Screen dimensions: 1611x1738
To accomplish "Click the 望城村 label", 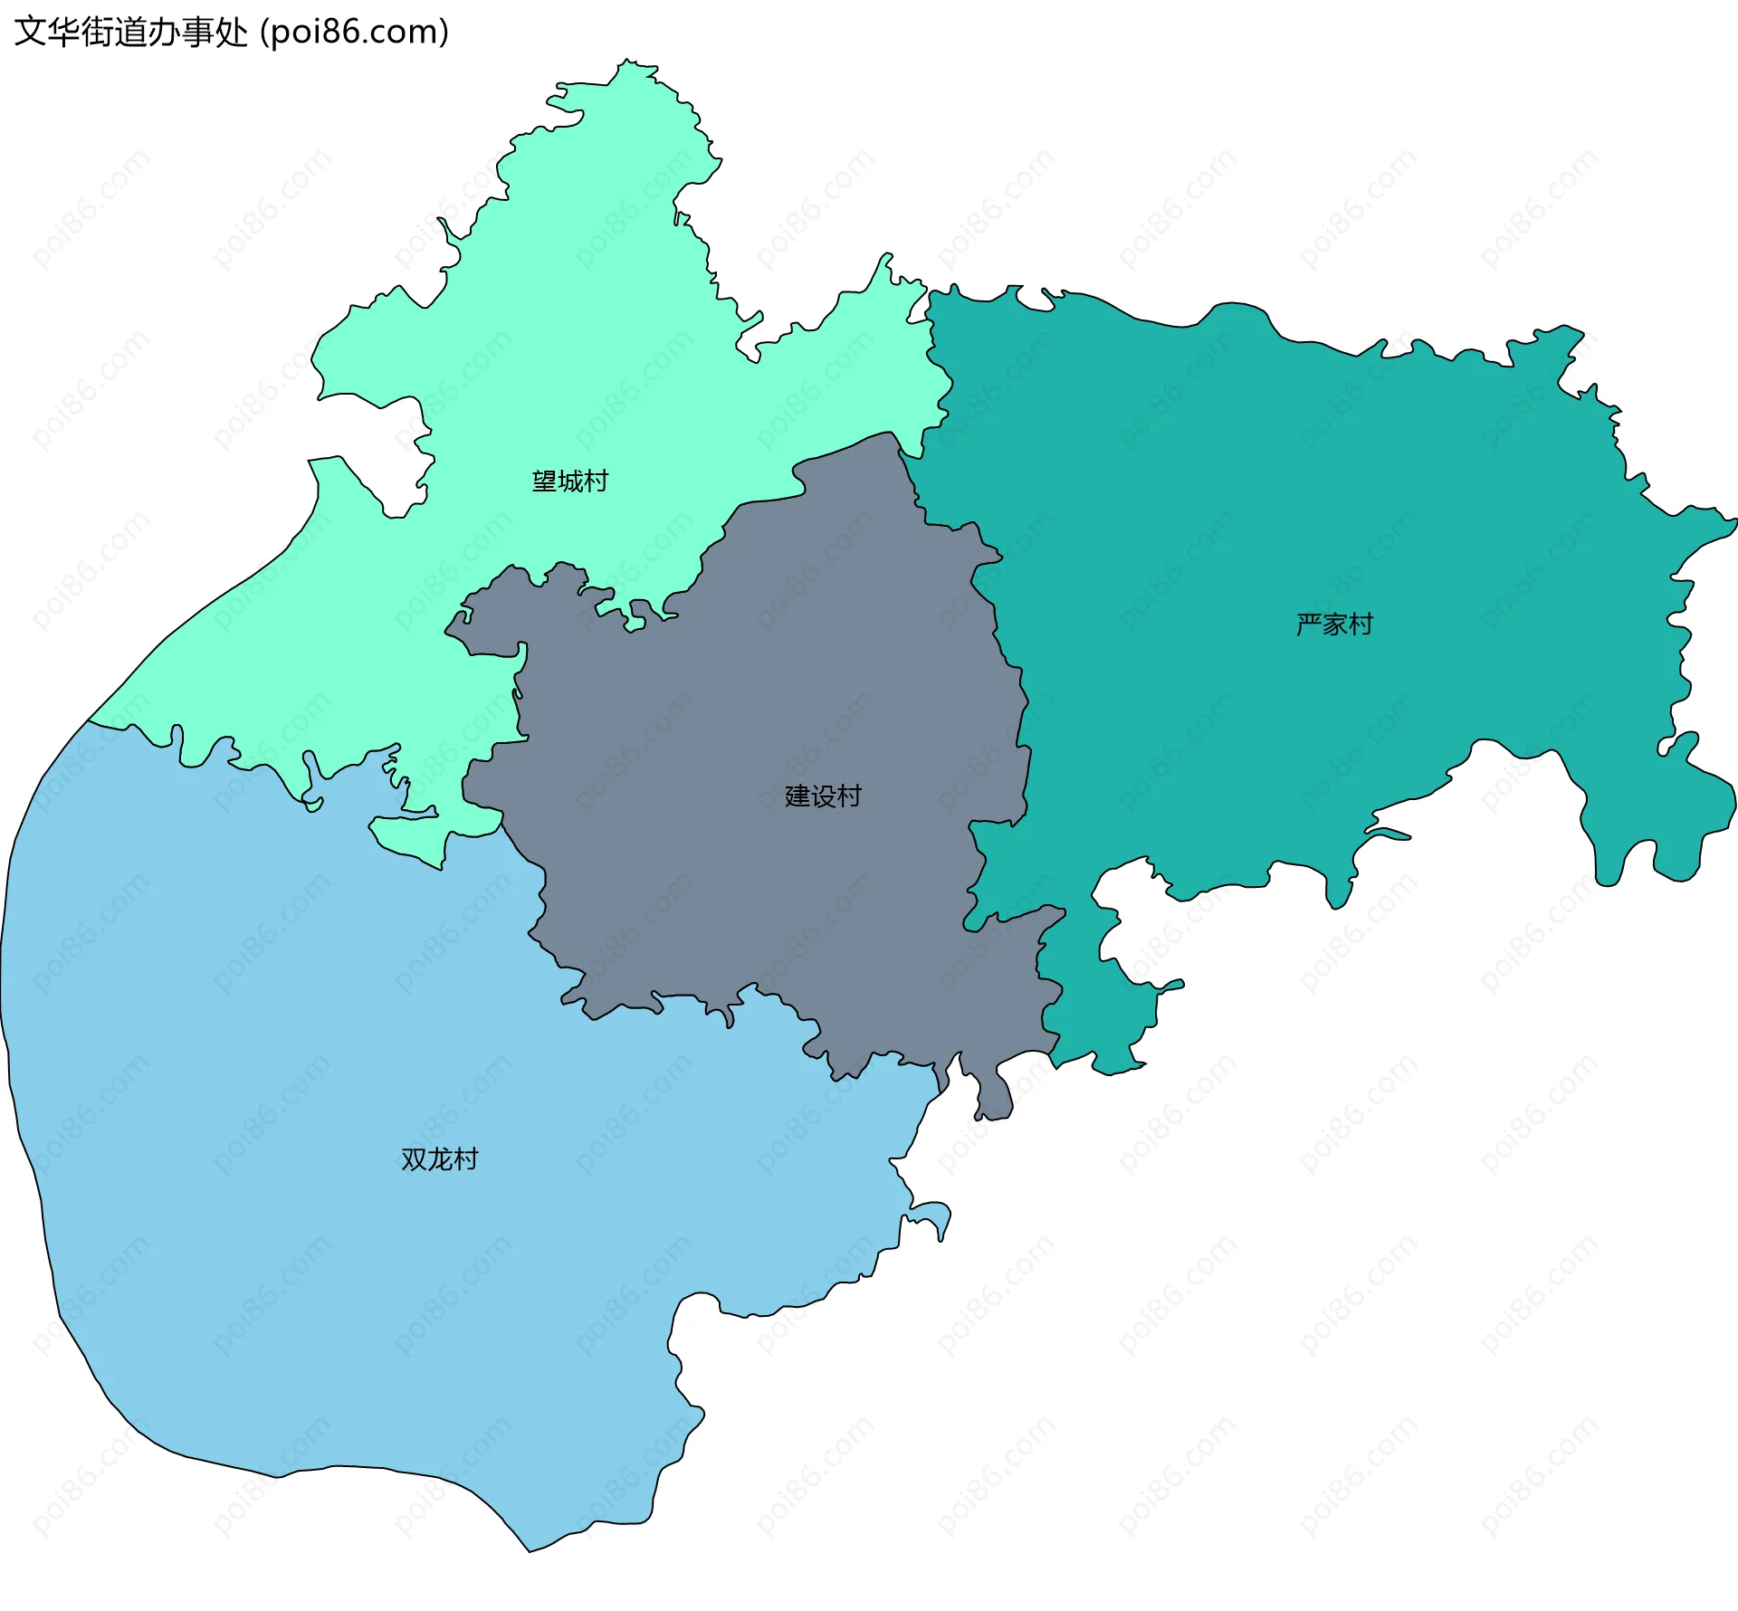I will [569, 481].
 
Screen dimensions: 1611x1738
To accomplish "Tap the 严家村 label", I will [1334, 624].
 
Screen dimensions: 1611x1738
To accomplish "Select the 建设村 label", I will [823, 796].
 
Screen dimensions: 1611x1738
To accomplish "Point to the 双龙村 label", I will [439, 1159].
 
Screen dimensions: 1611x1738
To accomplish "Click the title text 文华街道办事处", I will [130, 33].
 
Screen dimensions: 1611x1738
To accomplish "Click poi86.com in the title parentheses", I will [354, 33].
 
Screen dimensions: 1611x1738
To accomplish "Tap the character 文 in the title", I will [30, 33].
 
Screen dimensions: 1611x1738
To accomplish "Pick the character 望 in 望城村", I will [544, 481].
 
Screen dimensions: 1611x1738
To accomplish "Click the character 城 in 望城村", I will [570, 481].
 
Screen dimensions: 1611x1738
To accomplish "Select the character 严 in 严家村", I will [1309, 624].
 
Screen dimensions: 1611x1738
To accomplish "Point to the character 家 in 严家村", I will [1335, 624].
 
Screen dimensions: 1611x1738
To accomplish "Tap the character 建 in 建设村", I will [797, 796].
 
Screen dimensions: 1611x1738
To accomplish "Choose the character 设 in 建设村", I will [824, 796].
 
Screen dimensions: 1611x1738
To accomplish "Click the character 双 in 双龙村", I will [414, 1159].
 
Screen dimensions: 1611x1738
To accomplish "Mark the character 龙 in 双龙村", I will [440, 1159].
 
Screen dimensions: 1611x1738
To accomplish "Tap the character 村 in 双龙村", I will [465, 1159].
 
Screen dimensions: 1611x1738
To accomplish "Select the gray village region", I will [769, 688].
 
